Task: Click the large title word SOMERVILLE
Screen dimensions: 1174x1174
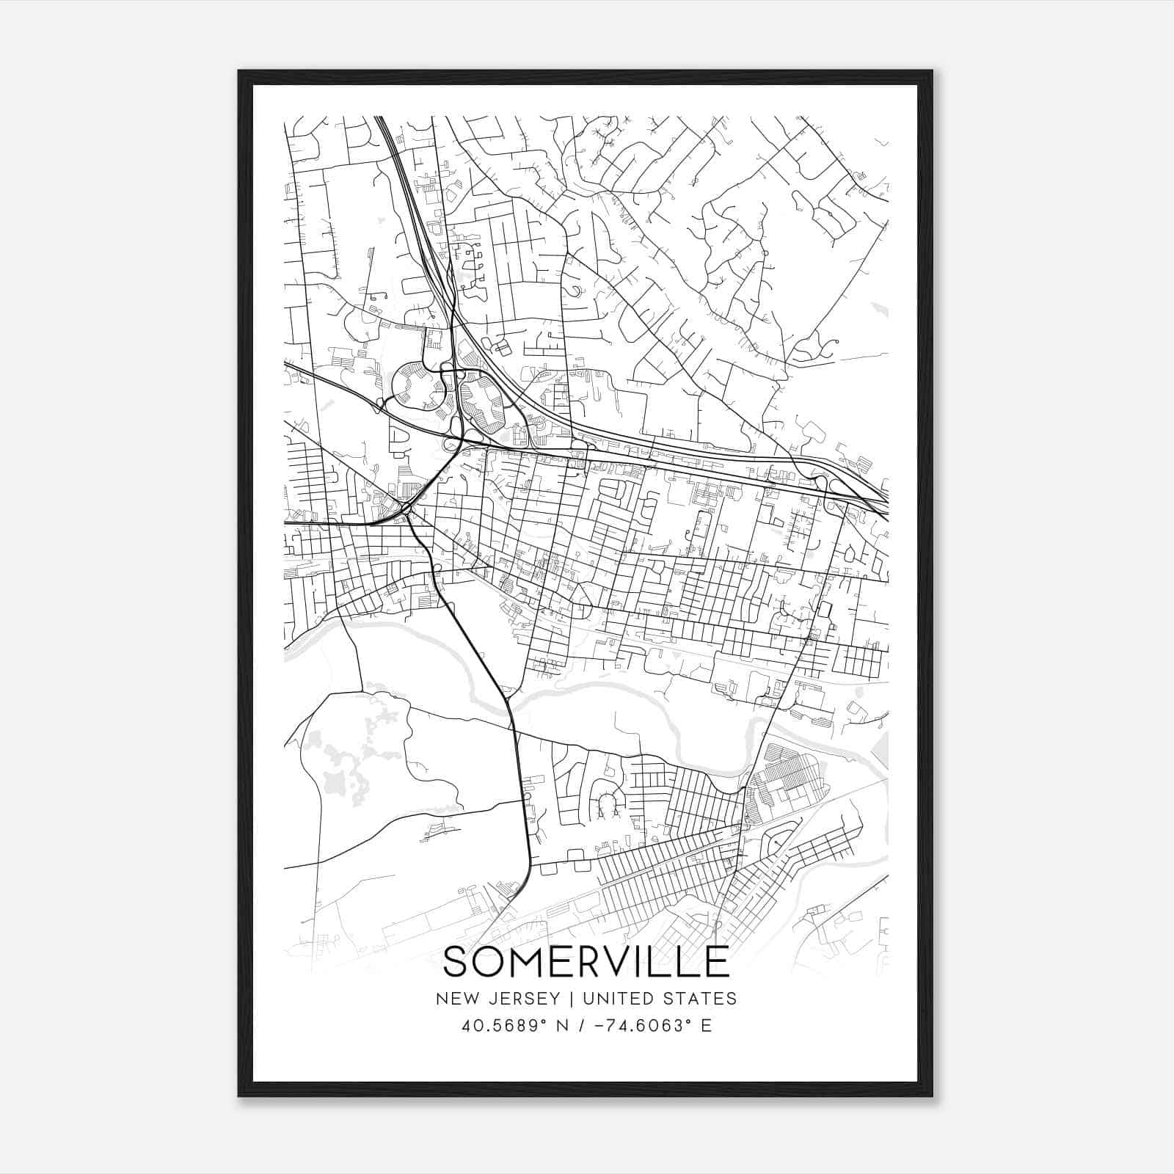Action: [586, 961]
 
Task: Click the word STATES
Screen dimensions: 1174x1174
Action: [705, 999]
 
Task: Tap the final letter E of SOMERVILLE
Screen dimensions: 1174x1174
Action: [718, 961]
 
